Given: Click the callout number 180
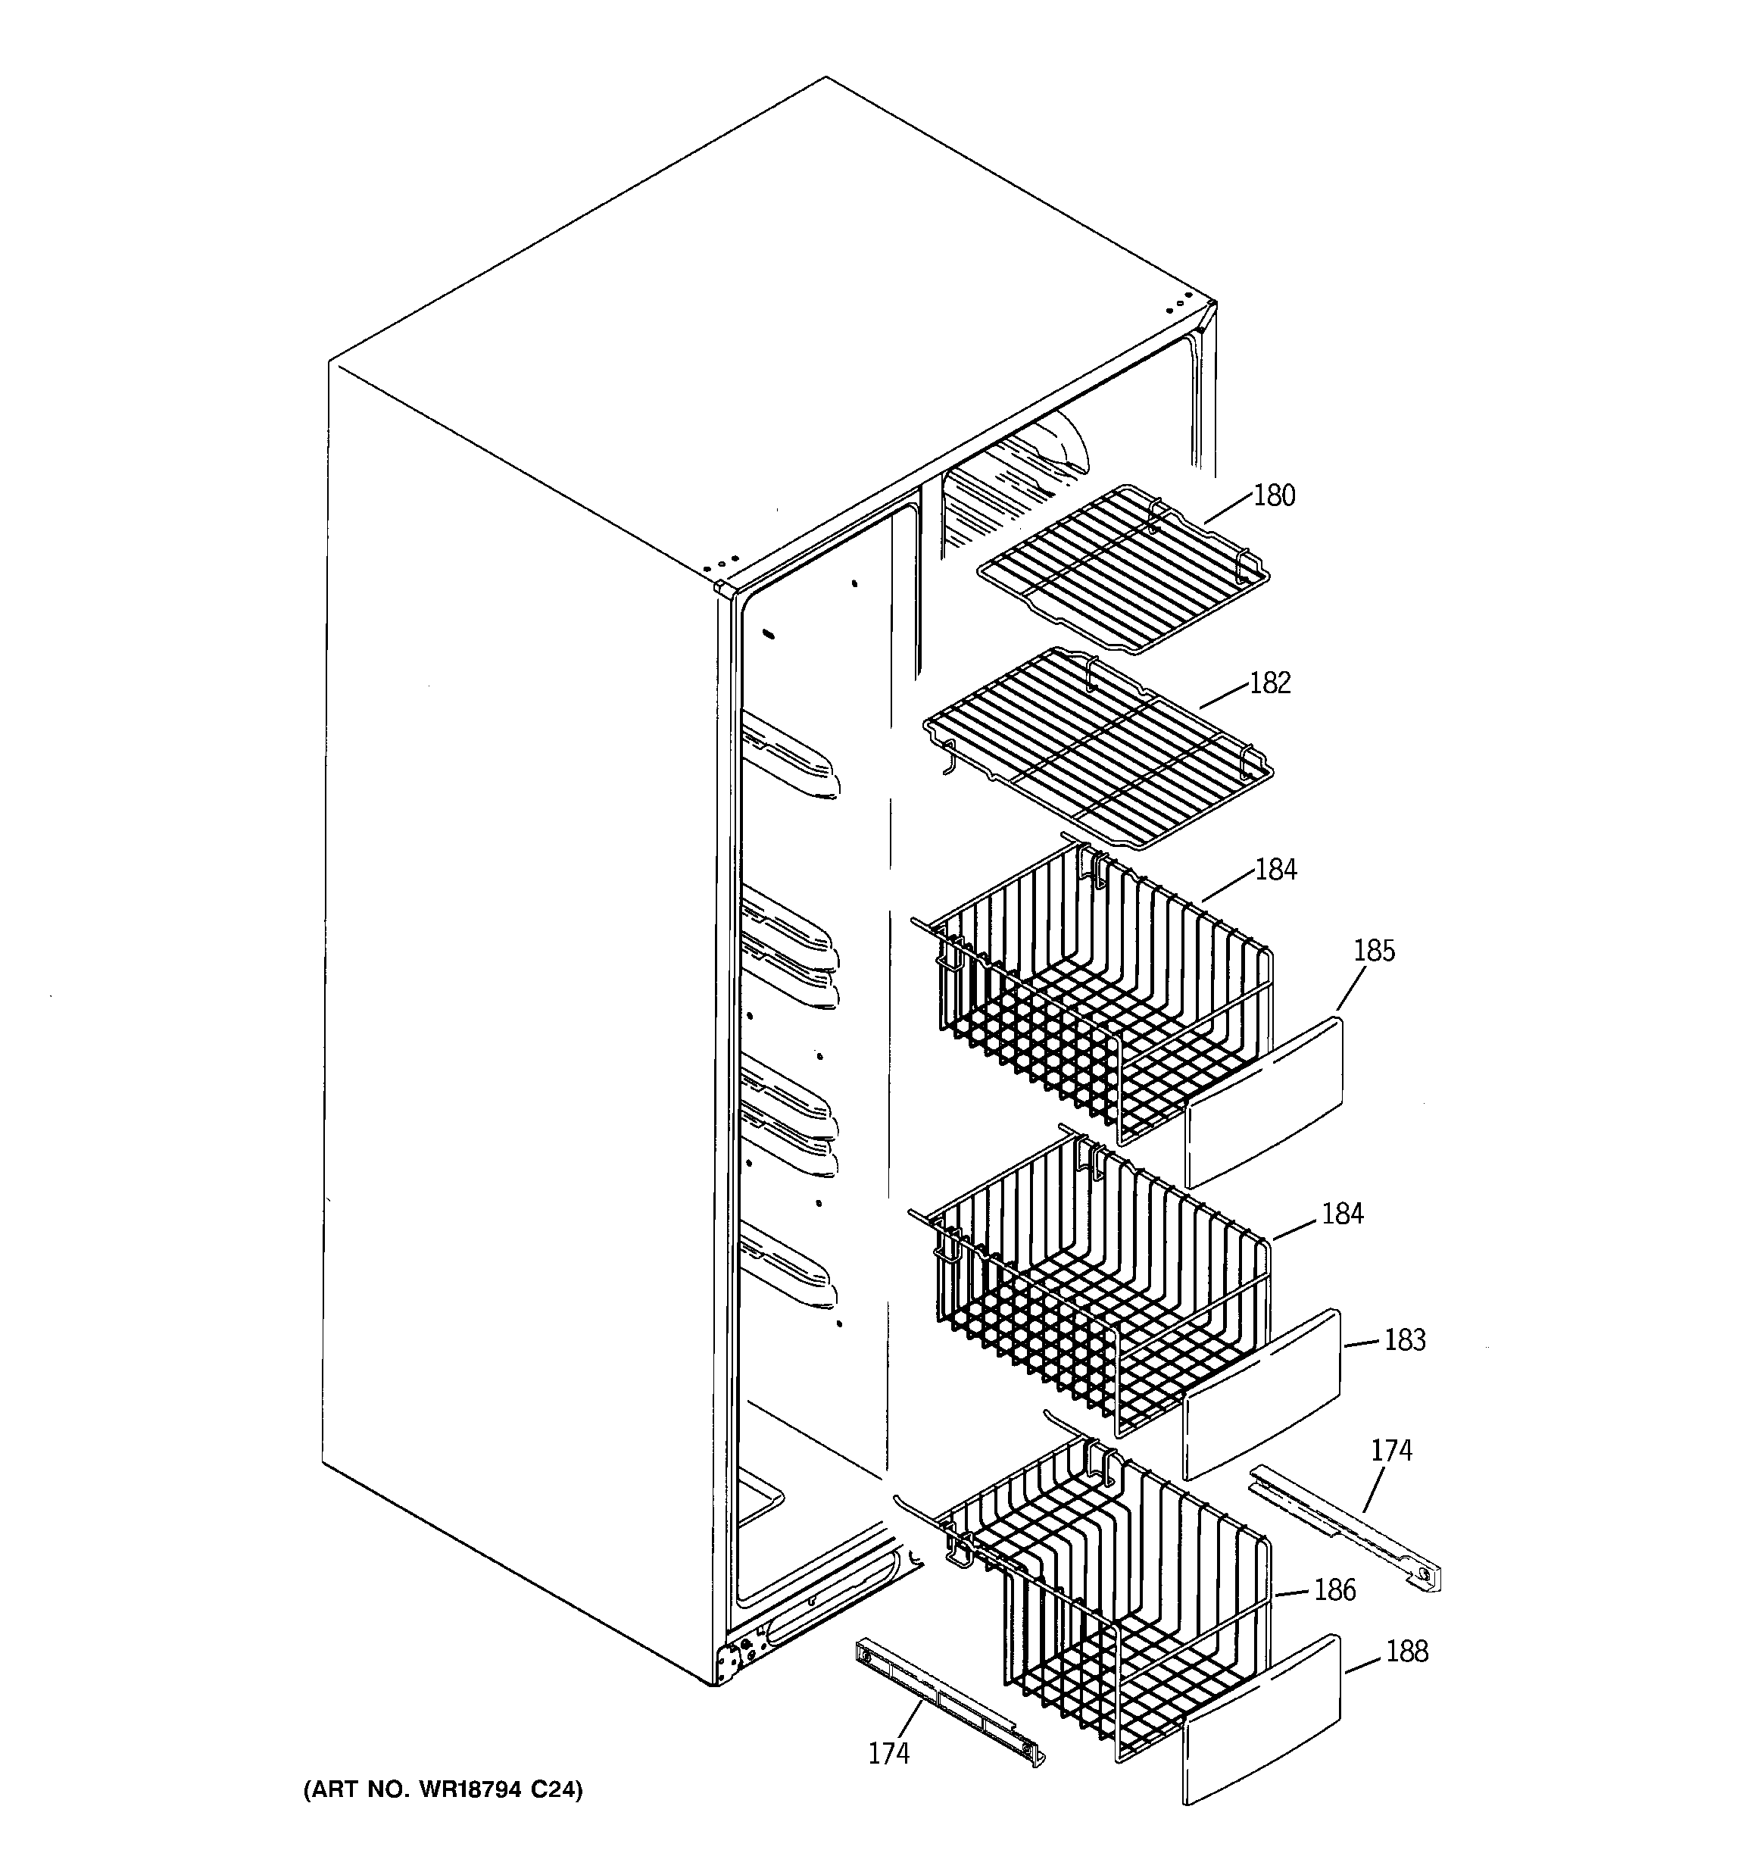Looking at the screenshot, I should (x=1273, y=495).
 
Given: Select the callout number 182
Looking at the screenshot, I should (x=1269, y=683).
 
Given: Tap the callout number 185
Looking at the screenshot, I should (x=1373, y=951).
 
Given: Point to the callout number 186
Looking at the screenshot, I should (x=1334, y=1591).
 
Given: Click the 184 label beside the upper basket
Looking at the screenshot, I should (x=1276, y=870).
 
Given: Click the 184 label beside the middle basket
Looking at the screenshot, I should (x=1342, y=1214).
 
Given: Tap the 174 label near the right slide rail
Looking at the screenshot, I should (x=1391, y=1451).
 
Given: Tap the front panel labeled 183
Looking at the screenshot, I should (x=1262, y=1394).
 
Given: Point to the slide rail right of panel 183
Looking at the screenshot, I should (x=1346, y=1533).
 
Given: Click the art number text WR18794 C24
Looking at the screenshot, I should (x=442, y=1789).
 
